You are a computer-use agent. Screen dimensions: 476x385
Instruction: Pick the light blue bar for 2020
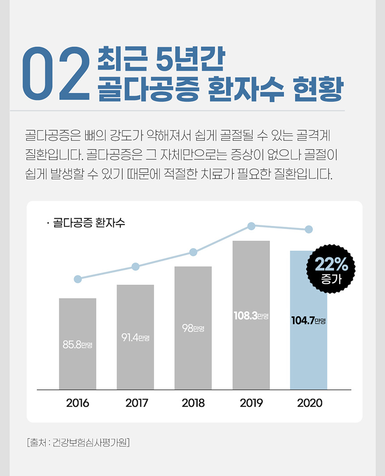(308, 354)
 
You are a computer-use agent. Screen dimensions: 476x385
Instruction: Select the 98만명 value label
(193, 328)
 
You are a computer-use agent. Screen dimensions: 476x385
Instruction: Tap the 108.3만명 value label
(251, 316)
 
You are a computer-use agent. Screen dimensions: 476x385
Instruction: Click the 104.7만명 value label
(308, 321)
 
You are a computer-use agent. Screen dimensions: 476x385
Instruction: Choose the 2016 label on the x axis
(77, 403)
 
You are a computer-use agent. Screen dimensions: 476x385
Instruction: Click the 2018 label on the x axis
(193, 403)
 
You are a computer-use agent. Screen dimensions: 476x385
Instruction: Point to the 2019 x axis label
(251, 403)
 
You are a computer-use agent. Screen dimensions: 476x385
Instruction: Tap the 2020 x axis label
(309, 403)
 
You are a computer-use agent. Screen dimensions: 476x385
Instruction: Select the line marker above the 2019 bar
(252, 226)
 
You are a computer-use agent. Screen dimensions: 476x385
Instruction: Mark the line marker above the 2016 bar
(77, 279)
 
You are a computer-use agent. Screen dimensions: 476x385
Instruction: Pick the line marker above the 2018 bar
(193, 252)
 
